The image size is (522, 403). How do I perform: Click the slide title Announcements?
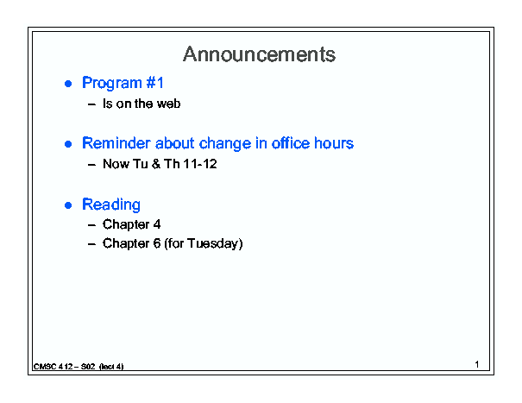[x=259, y=54]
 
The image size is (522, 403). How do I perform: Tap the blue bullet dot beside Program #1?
[x=68, y=84]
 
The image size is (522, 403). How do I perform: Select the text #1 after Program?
[x=154, y=83]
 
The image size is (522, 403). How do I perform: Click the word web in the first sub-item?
[x=169, y=104]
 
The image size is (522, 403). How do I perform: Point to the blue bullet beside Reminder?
[x=68, y=144]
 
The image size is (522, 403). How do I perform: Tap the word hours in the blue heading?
[x=334, y=143]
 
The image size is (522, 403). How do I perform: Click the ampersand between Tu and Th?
[x=156, y=164]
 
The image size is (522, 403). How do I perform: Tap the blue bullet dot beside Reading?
[x=68, y=205]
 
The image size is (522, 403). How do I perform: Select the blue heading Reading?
[x=111, y=205]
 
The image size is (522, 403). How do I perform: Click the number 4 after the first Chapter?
[x=157, y=224]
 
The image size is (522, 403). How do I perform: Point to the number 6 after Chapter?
[x=157, y=243]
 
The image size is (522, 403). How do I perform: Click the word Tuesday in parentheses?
[x=213, y=243]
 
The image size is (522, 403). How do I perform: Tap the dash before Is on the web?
[x=91, y=104]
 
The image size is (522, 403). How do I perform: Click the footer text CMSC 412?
[x=53, y=367]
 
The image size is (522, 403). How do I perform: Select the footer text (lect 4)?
[x=111, y=367]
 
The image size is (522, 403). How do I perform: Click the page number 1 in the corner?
[x=477, y=364]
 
